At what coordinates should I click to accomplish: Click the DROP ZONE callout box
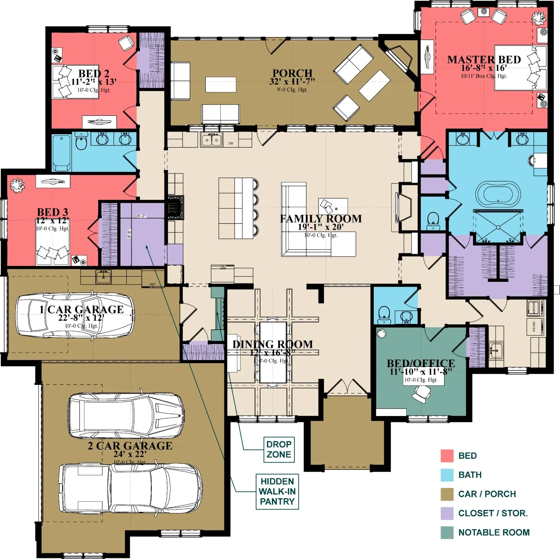pos(279,449)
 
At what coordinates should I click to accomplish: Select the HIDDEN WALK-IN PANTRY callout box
pos(277,491)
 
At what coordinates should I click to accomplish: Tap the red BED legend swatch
pos(447,456)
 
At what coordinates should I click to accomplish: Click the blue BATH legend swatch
pos(447,475)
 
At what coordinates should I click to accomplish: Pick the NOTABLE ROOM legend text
pos(494,532)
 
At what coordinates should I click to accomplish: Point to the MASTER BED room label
pos(484,60)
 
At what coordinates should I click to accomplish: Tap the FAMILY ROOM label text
pos(321,219)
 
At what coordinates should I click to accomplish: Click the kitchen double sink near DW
pos(211,140)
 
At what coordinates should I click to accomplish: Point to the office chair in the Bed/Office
pos(421,396)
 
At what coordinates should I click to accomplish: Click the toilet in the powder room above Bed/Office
pos(384,313)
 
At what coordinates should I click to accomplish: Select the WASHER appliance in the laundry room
pos(535,307)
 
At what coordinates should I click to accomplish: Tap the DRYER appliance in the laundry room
pos(535,327)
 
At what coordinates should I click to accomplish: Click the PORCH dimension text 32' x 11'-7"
pos(292,82)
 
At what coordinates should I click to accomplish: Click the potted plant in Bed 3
pos(16,185)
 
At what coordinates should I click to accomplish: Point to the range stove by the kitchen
pos(175,207)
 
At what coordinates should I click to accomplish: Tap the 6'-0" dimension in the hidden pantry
pos(141,216)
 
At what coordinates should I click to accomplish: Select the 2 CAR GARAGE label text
pos(130,446)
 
